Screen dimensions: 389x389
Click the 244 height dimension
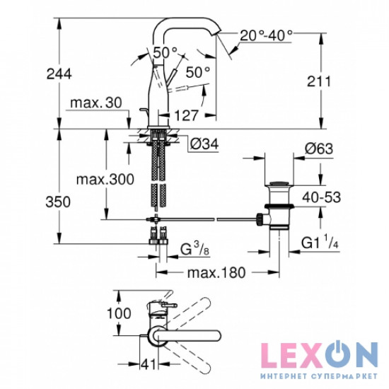(x=59, y=74)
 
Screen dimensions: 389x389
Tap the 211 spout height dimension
(x=319, y=81)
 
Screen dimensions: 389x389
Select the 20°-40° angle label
(x=266, y=35)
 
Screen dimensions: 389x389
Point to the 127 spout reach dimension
(x=187, y=115)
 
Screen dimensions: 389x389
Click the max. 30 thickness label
(x=96, y=103)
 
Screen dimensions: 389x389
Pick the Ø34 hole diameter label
(x=204, y=144)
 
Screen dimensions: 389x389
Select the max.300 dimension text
(x=105, y=179)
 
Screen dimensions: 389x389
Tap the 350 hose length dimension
(x=58, y=202)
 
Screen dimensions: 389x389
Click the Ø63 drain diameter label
(x=319, y=149)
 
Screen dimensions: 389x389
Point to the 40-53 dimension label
(x=322, y=197)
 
